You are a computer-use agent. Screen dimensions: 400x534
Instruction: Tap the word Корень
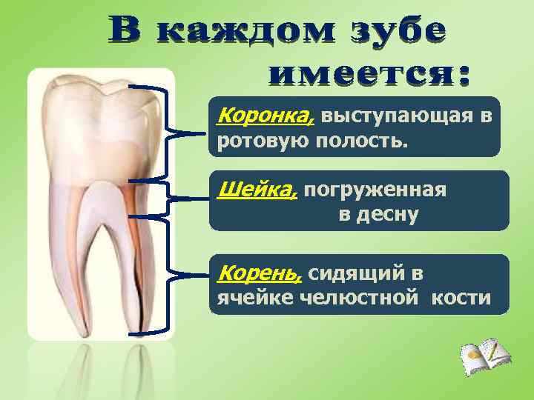[249, 273]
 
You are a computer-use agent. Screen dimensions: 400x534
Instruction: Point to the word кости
[464, 298]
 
